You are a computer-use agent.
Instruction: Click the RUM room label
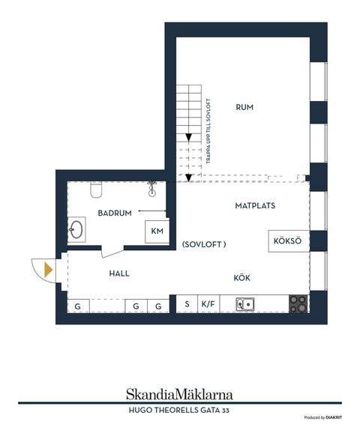click(244, 107)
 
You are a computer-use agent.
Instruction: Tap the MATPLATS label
click(255, 205)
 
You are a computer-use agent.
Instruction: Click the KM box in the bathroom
click(157, 231)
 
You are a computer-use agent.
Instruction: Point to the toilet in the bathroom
click(96, 190)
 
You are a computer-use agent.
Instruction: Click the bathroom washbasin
click(76, 229)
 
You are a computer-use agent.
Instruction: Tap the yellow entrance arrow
click(48, 270)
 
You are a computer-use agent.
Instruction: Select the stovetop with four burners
click(298, 303)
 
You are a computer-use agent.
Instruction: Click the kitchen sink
click(245, 304)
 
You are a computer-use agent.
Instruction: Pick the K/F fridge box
click(208, 304)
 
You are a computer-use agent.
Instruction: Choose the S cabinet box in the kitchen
click(187, 304)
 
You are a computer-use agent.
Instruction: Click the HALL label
click(119, 273)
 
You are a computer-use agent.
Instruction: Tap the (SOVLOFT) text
click(204, 244)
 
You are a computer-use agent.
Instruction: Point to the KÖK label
click(241, 278)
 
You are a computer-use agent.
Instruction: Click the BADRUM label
click(115, 213)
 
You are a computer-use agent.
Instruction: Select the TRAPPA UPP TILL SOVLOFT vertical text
click(208, 131)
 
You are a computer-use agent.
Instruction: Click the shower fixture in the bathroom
click(152, 189)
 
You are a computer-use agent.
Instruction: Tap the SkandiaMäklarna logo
click(179, 394)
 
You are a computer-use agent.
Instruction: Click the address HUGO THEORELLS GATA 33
click(178, 410)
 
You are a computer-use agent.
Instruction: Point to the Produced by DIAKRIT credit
click(322, 417)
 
